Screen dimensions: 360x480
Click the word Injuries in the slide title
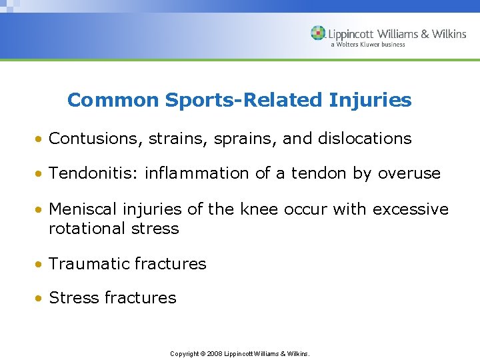[x=370, y=101]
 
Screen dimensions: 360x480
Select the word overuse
[x=409, y=173]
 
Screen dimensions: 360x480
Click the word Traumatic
[x=89, y=264]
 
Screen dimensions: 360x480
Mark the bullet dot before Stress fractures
[x=41, y=299]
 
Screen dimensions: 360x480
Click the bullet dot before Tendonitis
[x=41, y=174]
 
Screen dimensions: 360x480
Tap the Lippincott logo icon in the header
[x=319, y=34]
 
